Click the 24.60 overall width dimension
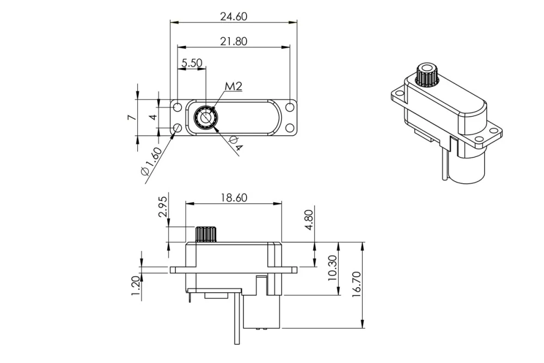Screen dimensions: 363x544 pyautogui.click(x=234, y=16)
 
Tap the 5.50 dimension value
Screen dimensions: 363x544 pyautogui.click(x=192, y=63)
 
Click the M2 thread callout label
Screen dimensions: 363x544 pyautogui.click(x=233, y=86)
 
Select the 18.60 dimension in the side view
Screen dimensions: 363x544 pyautogui.click(x=234, y=197)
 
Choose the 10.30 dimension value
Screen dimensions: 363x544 pyautogui.click(x=333, y=269)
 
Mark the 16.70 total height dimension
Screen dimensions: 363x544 pyautogui.click(x=357, y=285)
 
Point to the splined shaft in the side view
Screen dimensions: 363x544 pyautogui.click(x=206, y=234)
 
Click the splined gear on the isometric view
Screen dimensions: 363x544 pyautogui.click(x=425, y=75)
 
